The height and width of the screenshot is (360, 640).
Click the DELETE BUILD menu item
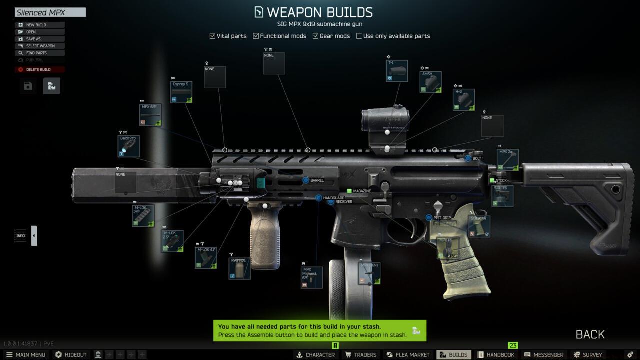(38, 69)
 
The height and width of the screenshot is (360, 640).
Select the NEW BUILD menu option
(36, 25)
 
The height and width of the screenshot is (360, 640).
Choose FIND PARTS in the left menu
(36, 53)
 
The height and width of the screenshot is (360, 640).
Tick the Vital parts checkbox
(212, 36)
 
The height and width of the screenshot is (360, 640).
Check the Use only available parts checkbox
(359, 36)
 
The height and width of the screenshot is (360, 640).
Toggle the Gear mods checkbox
(316, 36)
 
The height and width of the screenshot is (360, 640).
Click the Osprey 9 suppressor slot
(181, 92)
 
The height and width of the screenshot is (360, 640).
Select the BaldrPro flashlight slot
(129, 146)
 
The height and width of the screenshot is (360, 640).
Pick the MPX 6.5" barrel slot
(150, 115)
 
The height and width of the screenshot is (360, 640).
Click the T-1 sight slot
(397, 71)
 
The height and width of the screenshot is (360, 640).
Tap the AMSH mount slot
(430, 82)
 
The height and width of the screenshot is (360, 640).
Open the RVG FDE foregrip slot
(239, 268)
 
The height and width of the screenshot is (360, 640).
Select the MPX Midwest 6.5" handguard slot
(312, 277)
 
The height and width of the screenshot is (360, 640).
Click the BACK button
(590, 334)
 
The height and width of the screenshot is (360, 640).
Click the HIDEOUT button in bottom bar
(71, 355)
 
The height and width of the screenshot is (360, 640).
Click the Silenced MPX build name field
(50, 12)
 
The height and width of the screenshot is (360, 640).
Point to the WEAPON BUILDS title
(319, 12)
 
